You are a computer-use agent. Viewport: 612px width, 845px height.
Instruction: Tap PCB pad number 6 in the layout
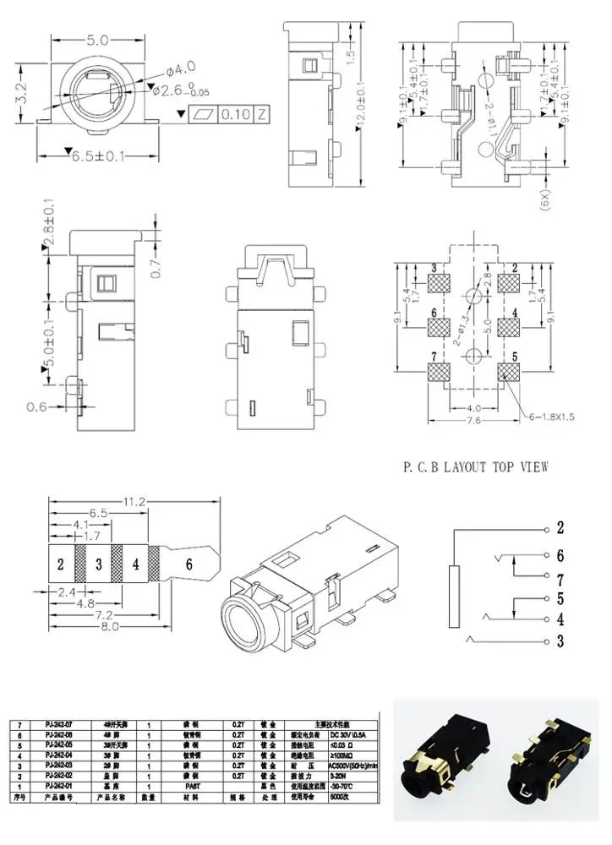pos(438,325)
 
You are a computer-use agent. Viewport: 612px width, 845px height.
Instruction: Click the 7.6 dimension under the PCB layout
pos(473,420)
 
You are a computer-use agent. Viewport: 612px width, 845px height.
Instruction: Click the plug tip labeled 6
pos(189,564)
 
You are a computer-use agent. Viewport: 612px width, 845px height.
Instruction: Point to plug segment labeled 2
pos(61,564)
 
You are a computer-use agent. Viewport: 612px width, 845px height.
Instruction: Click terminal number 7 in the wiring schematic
pos(559,579)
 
